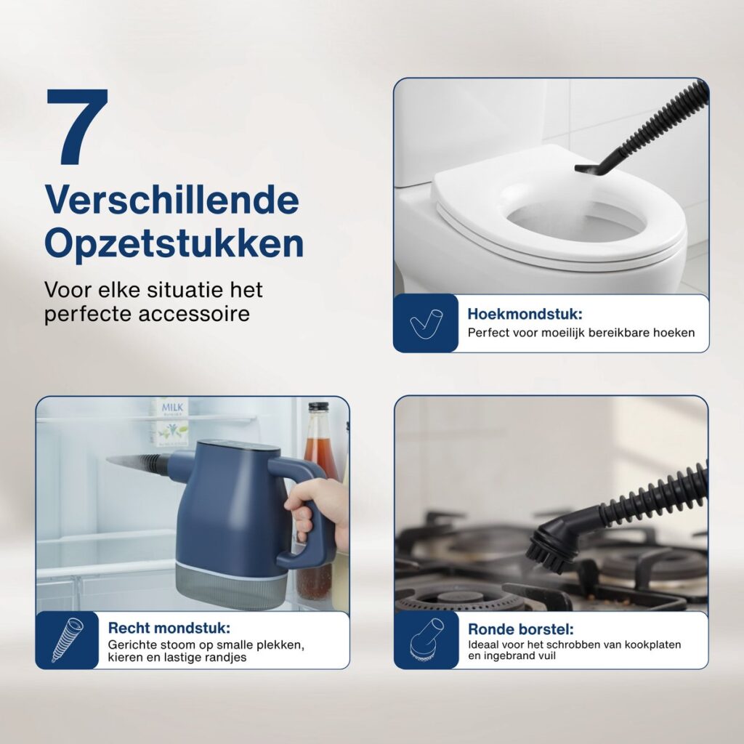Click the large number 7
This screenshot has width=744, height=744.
(77, 126)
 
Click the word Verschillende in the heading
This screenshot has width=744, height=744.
(171, 201)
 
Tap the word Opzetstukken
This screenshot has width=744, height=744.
(174, 243)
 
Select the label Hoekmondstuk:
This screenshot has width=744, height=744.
(525, 314)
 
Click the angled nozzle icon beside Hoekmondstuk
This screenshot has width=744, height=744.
(426, 323)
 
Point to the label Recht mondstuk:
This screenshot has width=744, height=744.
(169, 628)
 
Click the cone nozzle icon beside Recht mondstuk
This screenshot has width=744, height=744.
(67, 639)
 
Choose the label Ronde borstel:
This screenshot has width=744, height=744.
(520, 629)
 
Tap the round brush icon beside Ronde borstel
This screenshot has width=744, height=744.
(426, 640)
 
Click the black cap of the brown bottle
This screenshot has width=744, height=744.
(318, 407)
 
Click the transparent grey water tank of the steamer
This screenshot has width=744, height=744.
(232, 586)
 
